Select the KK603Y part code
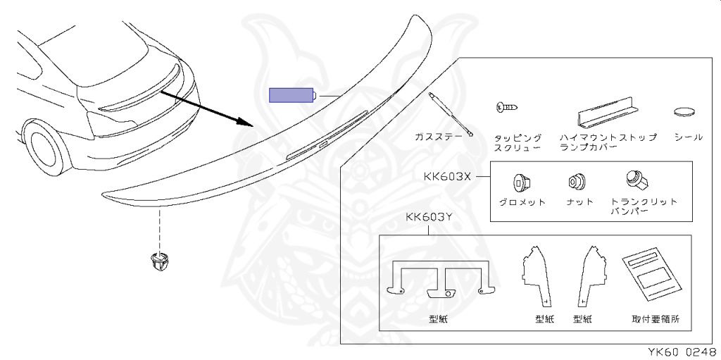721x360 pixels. coord(428,217)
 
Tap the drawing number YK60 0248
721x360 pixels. coord(681,352)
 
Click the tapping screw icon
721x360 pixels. coord(508,108)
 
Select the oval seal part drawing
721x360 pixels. coord(685,111)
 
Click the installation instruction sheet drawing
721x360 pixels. coord(653,275)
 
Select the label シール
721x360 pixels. coord(688,137)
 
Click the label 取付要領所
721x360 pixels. coord(656,319)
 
